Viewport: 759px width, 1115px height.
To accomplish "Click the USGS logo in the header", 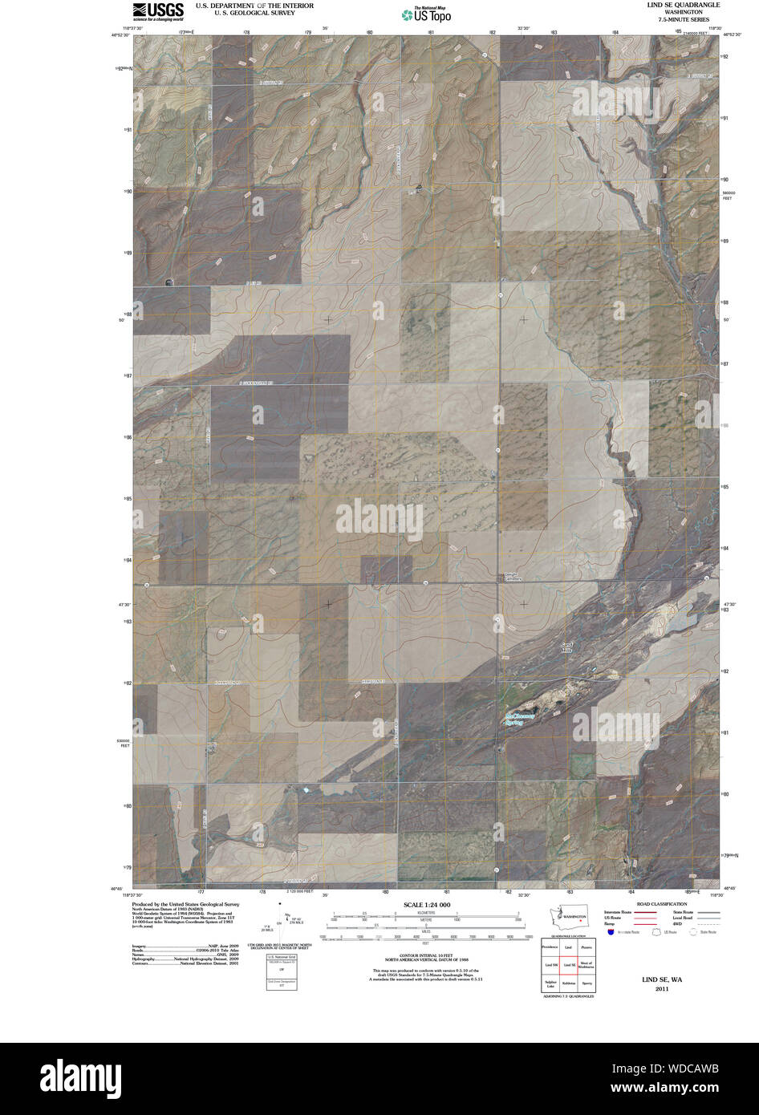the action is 158,10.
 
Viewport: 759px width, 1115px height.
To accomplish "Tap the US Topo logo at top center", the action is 426,14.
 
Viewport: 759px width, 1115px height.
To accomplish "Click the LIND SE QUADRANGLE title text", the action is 683,5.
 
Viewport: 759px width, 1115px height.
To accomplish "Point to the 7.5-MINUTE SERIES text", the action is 683,19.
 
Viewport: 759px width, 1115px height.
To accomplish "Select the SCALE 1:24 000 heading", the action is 426,905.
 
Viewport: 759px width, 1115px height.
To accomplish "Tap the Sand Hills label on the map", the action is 567,647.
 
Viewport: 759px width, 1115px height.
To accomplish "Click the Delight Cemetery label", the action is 513,577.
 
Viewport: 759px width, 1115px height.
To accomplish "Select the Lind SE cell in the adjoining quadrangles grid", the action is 569,965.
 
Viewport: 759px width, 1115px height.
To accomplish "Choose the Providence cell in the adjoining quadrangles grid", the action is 550,947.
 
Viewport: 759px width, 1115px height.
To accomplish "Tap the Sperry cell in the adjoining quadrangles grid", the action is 587,982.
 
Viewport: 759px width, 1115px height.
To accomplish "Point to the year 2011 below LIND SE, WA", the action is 661,989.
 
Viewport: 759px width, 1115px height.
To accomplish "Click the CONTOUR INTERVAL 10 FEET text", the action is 426,955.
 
